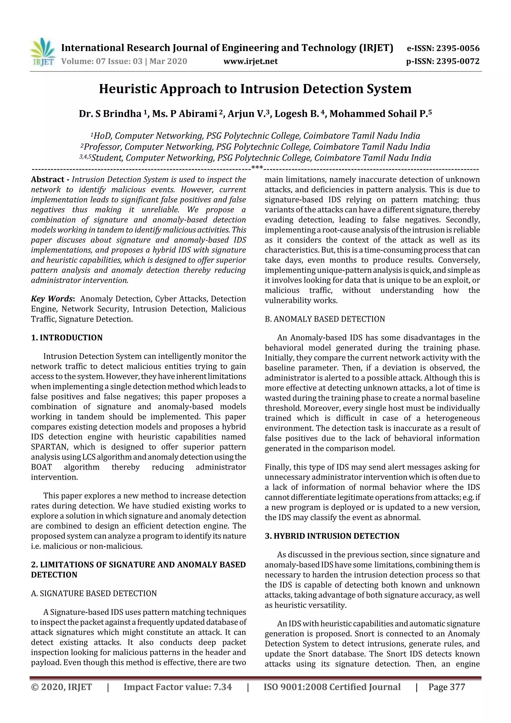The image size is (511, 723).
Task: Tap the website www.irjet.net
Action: tap(250, 61)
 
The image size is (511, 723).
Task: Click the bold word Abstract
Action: tap(48, 179)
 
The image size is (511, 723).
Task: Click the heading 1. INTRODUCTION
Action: tap(67, 338)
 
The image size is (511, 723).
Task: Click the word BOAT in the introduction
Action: tap(41, 467)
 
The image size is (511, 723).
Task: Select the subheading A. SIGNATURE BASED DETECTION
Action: tap(94, 593)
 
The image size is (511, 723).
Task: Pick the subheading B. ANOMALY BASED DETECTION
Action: tap(325, 319)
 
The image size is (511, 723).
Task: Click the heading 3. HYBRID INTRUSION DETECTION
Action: tap(332, 536)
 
